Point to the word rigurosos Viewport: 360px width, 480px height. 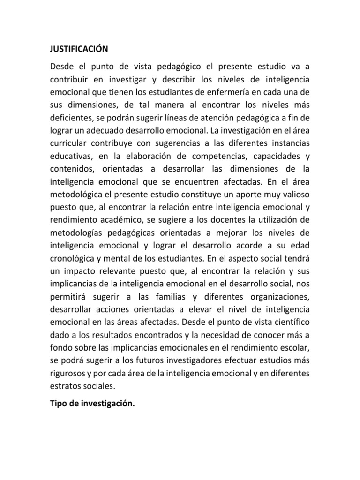tap(69, 370)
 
